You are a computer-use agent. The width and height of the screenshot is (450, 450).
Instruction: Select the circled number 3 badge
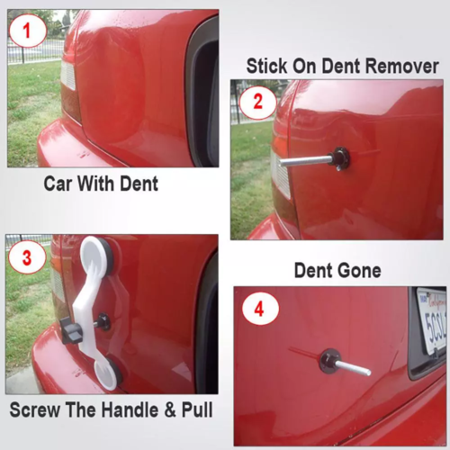coord(26,257)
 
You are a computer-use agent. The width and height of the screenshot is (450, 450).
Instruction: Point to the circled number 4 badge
coord(259,310)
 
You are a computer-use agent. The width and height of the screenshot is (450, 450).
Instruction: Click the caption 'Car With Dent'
coord(101,184)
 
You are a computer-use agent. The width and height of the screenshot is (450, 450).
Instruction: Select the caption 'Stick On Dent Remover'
coord(342,66)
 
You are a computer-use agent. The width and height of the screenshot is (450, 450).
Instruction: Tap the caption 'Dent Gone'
coord(337,270)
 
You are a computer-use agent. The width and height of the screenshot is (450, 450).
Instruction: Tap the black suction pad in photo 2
coord(340,158)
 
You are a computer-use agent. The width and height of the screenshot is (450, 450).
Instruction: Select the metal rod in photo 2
coord(306,161)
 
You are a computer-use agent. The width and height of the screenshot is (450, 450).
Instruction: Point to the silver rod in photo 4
coord(355,367)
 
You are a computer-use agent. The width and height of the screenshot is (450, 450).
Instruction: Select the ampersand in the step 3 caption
coord(166,411)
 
